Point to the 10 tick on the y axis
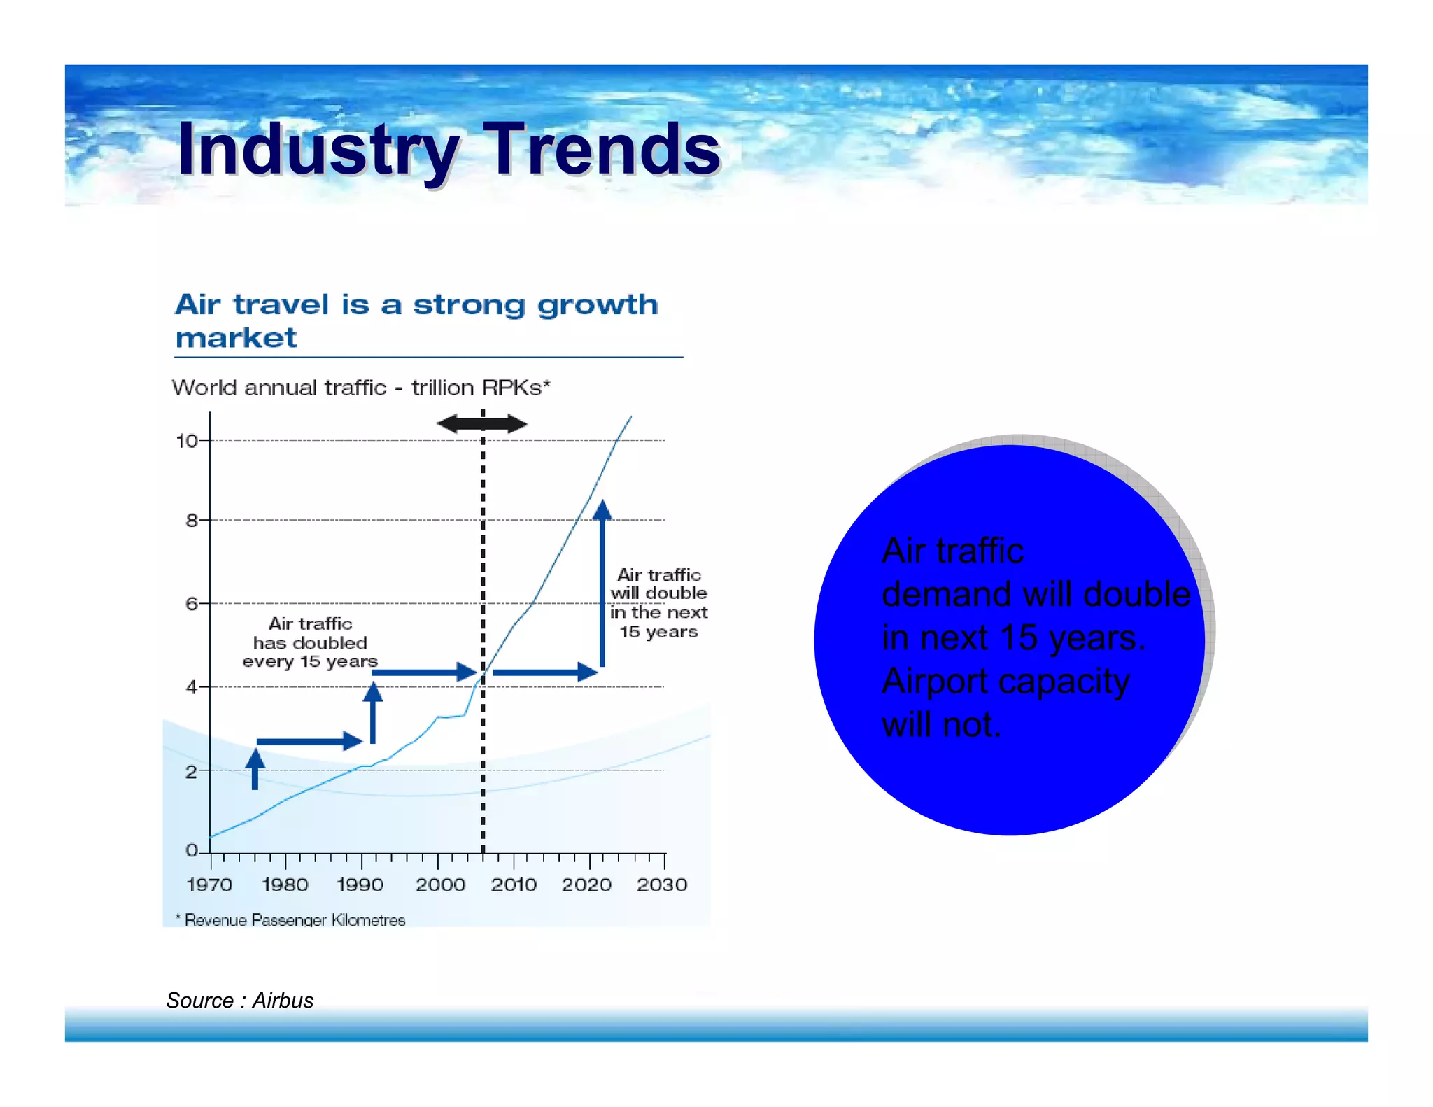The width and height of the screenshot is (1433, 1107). (188, 441)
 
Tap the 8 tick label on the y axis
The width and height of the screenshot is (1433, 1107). (192, 520)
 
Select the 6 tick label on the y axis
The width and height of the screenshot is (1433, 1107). (192, 603)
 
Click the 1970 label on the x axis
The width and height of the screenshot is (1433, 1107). (209, 884)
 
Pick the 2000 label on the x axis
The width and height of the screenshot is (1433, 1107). (440, 884)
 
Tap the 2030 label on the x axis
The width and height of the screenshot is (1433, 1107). (661, 884)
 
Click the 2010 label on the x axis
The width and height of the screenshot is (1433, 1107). (514, 884)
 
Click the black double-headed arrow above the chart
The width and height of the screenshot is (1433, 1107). (482, 423)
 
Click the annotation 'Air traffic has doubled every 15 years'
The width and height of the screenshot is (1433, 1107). (310, 642)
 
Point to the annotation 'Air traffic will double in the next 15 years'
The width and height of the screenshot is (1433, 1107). (658, 603)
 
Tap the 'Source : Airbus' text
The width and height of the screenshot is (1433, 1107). (239, 1000)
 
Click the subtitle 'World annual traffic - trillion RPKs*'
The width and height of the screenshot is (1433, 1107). (361, 387)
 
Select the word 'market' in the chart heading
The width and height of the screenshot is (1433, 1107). (236, 338)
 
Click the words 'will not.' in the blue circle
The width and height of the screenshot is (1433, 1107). (941, 724)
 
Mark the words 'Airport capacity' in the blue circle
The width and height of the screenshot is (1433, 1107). (1005, 681)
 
